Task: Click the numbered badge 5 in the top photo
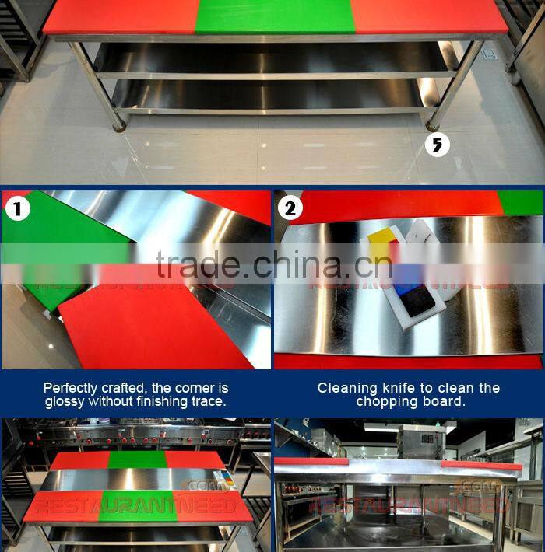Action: [438, 145]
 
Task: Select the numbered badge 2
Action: [290, 208]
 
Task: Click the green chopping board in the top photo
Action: [273, 16]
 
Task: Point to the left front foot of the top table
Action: [118, 124]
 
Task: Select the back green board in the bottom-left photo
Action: [136, 459]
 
